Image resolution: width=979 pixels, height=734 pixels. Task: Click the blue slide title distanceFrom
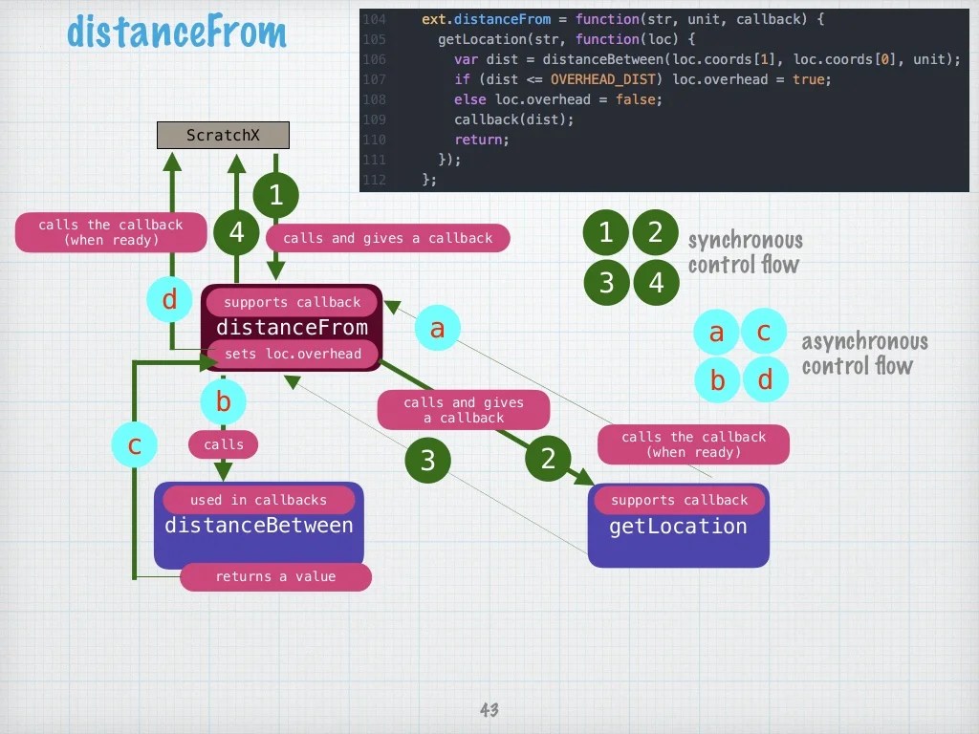tap(177, 32)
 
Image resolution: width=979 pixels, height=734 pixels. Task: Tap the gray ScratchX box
tap(223, 136)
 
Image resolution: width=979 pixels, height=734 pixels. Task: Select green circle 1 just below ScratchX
tap(276, 196)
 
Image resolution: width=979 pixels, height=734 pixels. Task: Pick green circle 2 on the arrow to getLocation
tap(548, 459)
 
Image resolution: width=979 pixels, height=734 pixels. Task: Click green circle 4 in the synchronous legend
tap(656, 283)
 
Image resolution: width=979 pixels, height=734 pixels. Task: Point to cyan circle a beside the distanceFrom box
tap(437, 329)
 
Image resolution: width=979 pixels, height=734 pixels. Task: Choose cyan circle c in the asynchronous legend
tap(764, 332)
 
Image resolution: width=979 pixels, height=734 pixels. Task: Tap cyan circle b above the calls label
tap(223, 402)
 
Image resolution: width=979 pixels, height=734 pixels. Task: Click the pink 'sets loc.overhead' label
tap(293, 355)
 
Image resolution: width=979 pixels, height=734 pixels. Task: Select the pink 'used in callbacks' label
tap(258, 500)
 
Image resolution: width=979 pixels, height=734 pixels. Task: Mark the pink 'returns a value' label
tap(275, 576)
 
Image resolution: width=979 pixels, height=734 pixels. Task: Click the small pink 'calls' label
tap(224, 444)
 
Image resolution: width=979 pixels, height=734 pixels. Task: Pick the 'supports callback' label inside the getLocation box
tap(679, 500)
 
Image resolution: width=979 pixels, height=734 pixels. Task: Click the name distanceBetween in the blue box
tap(258, 526)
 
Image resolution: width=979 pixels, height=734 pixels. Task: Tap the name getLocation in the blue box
tap(678, 527)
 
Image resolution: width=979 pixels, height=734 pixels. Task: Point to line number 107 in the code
tap(374, 79)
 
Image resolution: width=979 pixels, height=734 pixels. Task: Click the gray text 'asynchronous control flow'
tap(863, 354)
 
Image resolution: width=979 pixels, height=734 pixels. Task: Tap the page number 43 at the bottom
tap(489, 710)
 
